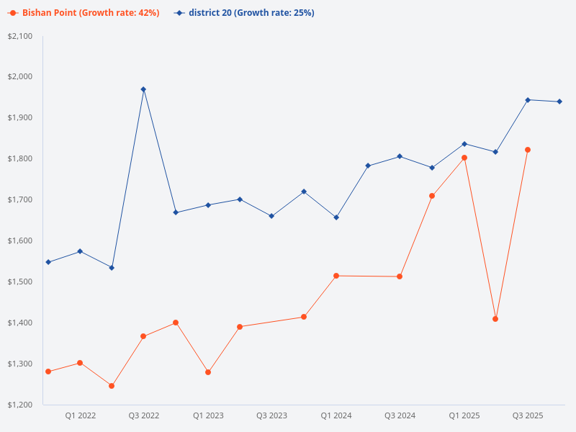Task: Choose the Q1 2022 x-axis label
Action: pyautogui.click(x=80, y=415)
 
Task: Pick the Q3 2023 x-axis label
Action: pyautogui.click(x=271, y=415)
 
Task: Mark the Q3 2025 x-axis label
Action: pyautogui.click(x=527, y=415)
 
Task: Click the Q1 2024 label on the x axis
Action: pyautogui.click(x=336, y=415)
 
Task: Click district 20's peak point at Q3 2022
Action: pyautogui.click(x=143, y=89)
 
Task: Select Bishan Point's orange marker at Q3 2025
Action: pyautogui.click(x=528, y=150)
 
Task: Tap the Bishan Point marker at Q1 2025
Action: pyautogui.click(x=464, y=158)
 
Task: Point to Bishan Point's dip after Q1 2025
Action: pyautogui.click(x=495, y=319)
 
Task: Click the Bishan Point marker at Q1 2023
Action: pyautogui.click(x=208, y=372)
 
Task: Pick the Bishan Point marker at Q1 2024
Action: pyautogui.click(x=336, y=276)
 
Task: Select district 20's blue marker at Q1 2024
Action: pyautogui.click(x=336, y=217)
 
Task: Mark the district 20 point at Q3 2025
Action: pyautogui.click(x=528, y=100)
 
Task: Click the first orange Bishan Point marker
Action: pyautogui.click(x=48, y=372)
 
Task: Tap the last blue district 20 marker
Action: pyautogui.click(x=559, y=102)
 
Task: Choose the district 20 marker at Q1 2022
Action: pyautogui.click(x=80, y=251)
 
